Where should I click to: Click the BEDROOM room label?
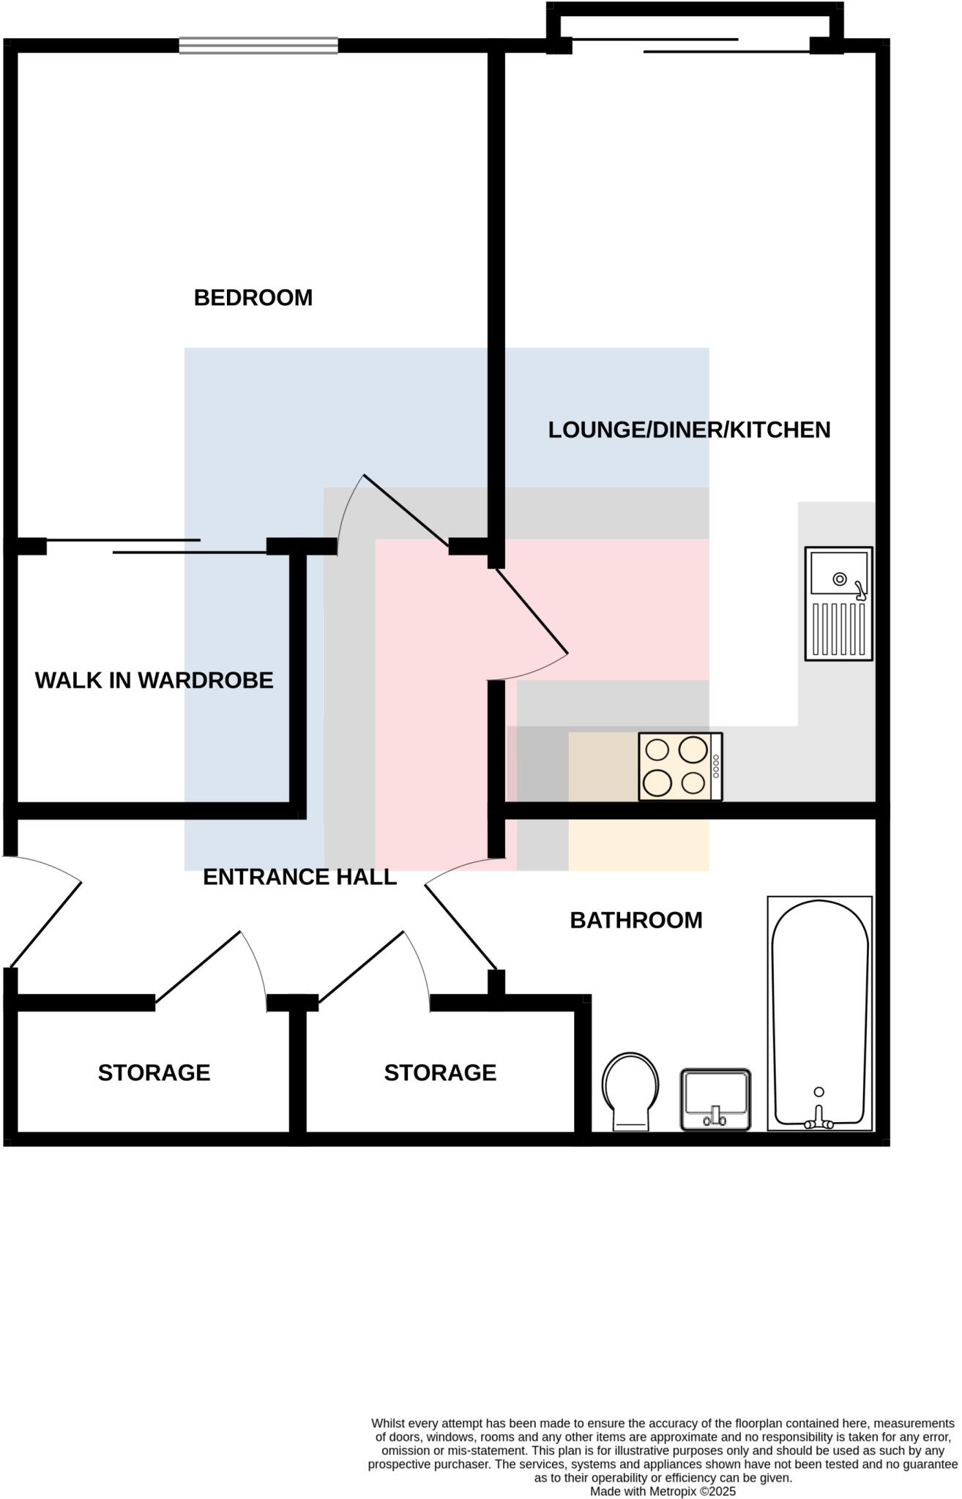[x=253, y=298]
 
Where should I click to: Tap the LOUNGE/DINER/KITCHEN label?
[x=689, y=430]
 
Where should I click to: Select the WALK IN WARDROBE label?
[x=154, y=681]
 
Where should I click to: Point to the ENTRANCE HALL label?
[x=299, y=877]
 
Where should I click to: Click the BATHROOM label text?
[x=635, y=920]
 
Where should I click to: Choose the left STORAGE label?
[x=154, y=1072]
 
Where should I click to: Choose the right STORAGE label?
[x=440, y=1072]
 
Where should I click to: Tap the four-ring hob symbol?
[x=680, y=766]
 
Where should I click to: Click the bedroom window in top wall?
[x=258, y=45]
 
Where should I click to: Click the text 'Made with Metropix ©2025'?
[x=663, y=1490]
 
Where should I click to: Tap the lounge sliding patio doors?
[x=692, y=45]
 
